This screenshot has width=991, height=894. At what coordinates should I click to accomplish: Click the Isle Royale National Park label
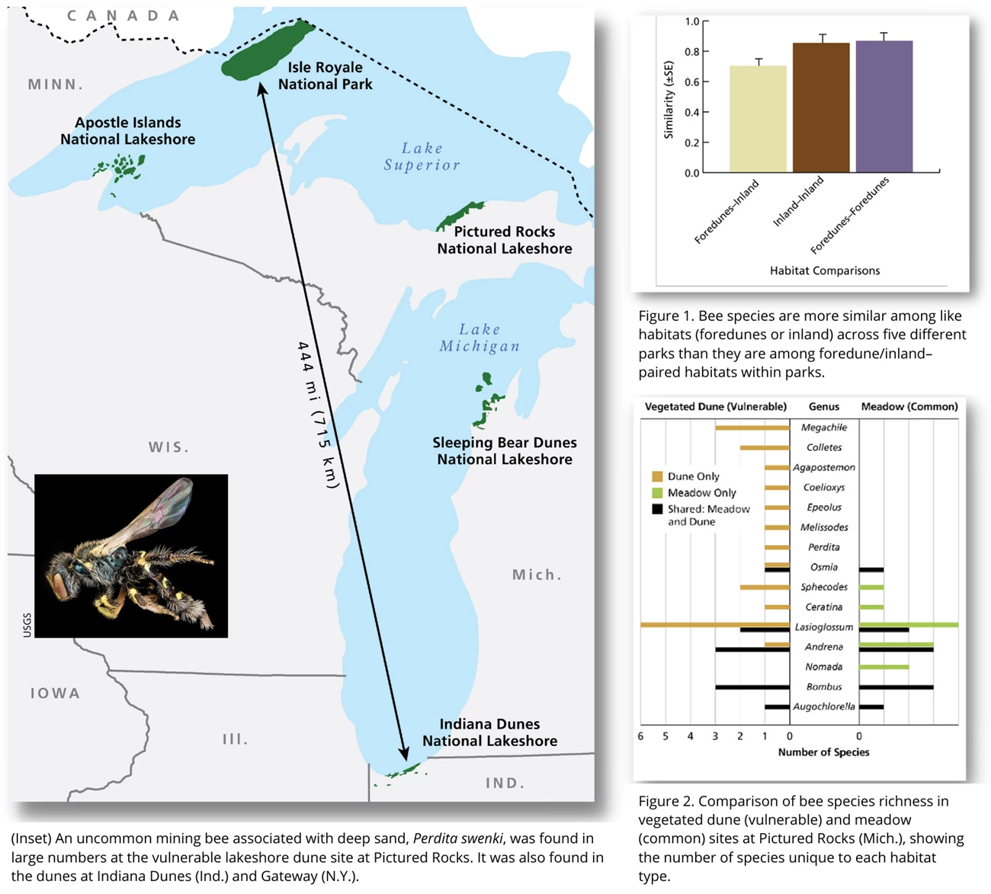[x=325, y=75]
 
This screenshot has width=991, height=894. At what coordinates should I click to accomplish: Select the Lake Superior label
[x=422, y=156]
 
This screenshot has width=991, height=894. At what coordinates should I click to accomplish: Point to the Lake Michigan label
[x=479, y=337]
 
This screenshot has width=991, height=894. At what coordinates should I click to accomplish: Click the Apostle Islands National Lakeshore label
[x=127, y=131]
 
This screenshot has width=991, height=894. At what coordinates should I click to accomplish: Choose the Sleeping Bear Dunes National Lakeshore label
[x=504, y=450]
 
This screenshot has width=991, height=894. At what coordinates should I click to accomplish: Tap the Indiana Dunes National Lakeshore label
[x=489, y=732]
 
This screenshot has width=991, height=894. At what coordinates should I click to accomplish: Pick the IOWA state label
[x=55, y=693]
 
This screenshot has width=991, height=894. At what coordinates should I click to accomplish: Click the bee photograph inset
[x=131, y=556]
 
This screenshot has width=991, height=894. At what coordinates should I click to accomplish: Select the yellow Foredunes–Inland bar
[x=758, y=120]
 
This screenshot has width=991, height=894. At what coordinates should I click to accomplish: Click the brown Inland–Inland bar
[x=821, y=107]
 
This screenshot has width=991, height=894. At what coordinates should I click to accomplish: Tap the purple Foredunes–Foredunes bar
[x=884, y=107]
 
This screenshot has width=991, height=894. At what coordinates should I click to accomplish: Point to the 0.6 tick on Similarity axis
[x=691, y=82]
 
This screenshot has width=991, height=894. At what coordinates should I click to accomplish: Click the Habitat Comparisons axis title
[x=824, y=271]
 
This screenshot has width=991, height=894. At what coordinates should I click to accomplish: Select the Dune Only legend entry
[x=693, y=476]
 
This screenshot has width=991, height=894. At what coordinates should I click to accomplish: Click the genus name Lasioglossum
[x=824, y=626]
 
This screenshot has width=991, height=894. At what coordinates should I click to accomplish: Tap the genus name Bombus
[x=824, y=687]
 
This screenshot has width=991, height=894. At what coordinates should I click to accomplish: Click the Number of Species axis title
[x=823, y=752]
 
